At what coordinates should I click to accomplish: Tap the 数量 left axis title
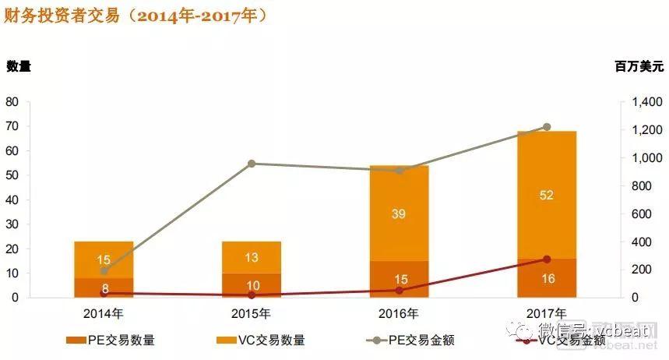click(19, 66)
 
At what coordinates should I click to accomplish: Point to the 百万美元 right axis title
click(639, 67)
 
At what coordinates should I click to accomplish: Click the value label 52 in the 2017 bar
click(547, 195)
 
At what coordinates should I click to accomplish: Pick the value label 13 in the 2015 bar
click(252, 258)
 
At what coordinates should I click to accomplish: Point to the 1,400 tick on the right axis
click(643, 102)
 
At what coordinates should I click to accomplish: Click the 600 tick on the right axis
click(646, 214)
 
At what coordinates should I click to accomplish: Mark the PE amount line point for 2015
click(252, 164)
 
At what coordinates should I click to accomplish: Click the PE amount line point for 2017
click(547, 127)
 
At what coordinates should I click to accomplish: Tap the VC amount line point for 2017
click(547, 259)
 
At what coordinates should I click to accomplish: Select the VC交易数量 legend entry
click(262, 340)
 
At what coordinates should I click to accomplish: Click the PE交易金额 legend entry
click(413, 340)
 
